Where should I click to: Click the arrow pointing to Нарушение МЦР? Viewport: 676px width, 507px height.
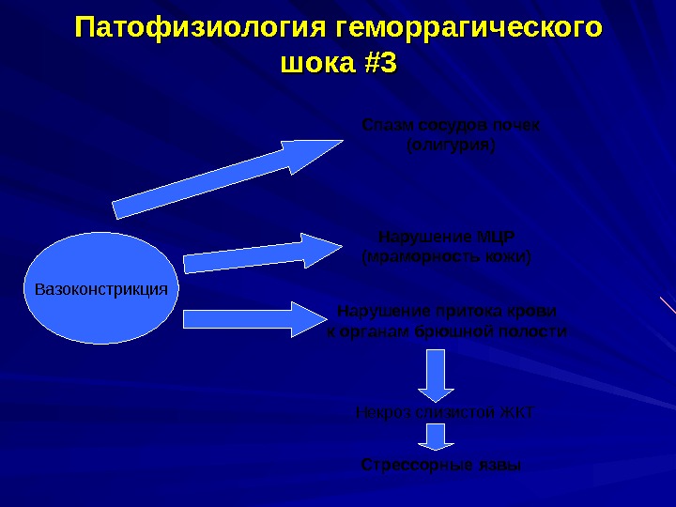click(x=263, y=253)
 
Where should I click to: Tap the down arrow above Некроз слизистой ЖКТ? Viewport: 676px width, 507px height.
click(x=436, y=376)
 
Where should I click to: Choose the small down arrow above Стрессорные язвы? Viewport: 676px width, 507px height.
click(x=436, y=436)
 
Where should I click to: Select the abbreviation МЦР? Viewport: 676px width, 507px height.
click(x=497, y=235)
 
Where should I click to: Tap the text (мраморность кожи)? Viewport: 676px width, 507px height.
click(x=447, y=256)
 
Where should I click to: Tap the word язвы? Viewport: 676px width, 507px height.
click(x=499, y=465)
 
